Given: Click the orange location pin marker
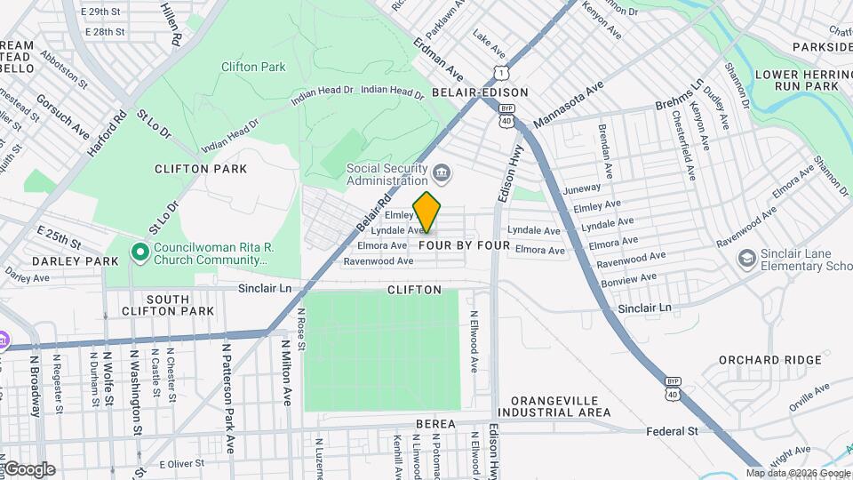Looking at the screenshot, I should point(427,212).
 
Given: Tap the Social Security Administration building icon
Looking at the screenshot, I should point(442,172).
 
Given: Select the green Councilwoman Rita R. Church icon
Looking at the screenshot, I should point(140,252).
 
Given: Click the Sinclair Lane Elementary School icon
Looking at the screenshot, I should point(747,259).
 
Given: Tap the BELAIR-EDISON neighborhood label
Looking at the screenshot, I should point(480,92).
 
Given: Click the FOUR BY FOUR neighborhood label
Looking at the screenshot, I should point(464,245).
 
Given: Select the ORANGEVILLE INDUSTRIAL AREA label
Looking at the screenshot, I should point(554,407).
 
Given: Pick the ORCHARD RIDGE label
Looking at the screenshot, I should point(757,360).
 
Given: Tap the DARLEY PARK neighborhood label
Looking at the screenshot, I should point(63,261).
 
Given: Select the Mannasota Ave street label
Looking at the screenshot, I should point(569,104).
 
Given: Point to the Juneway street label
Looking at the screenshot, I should point(582,188).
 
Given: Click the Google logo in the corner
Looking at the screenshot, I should point(29,469).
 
